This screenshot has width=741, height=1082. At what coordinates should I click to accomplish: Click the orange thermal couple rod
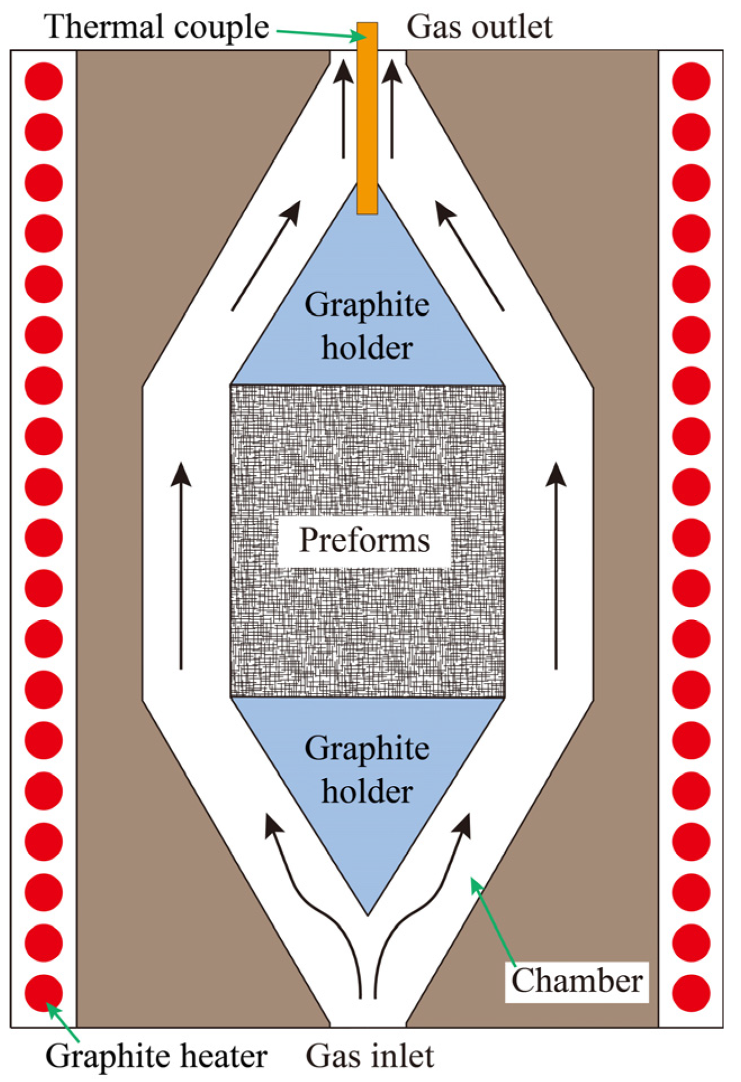click(367, 118)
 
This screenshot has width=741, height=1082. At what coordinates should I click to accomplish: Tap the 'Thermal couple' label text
click(157, 26)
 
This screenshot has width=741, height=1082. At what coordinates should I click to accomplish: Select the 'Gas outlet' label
click(479, 26)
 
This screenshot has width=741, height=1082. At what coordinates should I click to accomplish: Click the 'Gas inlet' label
click(370, 1056)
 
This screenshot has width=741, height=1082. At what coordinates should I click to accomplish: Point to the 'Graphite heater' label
click(156, 1056)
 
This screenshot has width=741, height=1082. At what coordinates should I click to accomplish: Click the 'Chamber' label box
click(576, 982)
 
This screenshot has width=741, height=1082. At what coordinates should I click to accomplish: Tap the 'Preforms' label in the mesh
click(364, 540)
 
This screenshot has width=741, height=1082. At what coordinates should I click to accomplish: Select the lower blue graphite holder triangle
click(367, 777)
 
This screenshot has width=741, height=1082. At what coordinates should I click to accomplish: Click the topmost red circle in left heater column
click(44, 81)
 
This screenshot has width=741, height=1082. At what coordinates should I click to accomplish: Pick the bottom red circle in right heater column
click(691, 993)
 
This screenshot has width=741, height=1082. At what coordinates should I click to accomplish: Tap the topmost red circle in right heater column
click(691, 81)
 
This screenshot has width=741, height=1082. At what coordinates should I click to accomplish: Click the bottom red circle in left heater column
click(44, 993)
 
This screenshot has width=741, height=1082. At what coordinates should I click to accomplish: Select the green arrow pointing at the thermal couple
click(321, 34)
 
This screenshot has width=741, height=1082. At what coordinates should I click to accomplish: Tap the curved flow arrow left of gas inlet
click(315, 901)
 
